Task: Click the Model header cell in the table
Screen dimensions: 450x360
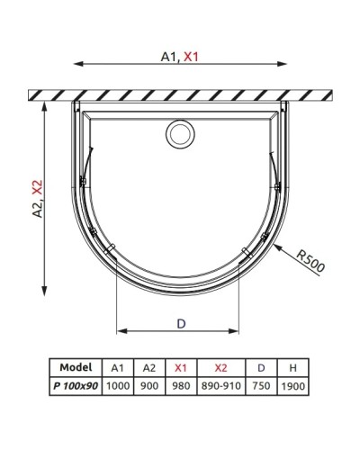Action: (74, 368)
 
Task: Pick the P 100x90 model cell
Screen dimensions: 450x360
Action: (74, 386)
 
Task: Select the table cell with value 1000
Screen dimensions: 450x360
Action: (118, 386)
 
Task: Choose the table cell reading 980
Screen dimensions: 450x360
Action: (180, 386)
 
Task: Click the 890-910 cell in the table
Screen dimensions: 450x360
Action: (221, 386)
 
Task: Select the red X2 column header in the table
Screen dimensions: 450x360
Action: (221, 368)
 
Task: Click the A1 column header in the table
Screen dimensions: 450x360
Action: (118, 368)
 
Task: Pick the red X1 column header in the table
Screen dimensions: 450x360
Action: (180, 368)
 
